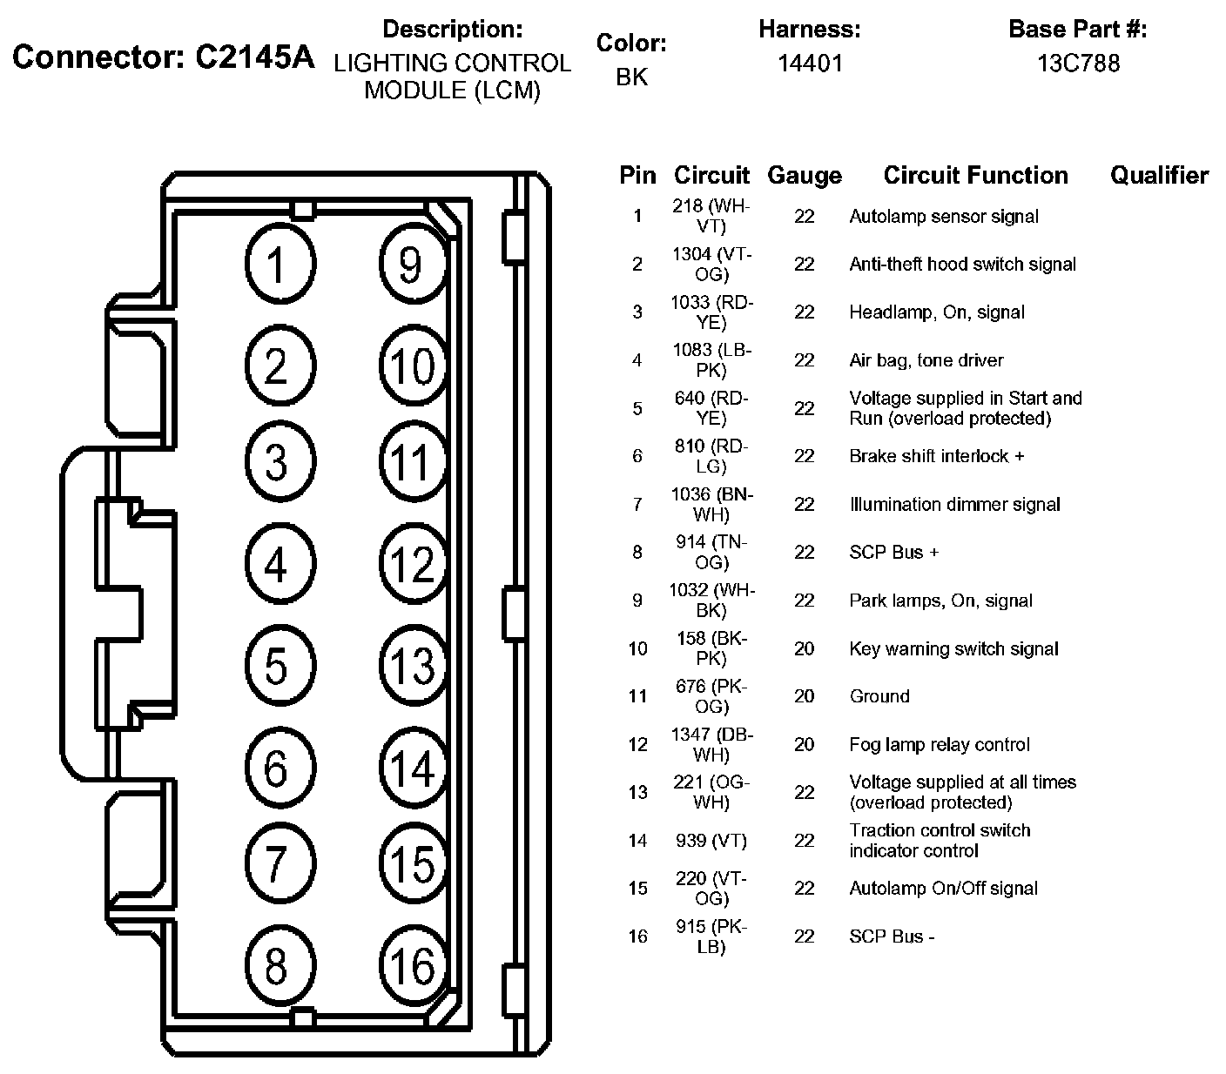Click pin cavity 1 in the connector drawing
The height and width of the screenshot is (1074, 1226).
pyautogui.click(x=276, y=264)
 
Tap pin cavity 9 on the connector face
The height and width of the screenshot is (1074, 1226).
pyautogui.click(x=411, y=264)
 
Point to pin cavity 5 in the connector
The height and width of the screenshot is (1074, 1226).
pyautogui.click(x=276, y=667)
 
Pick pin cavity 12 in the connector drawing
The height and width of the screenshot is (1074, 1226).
pyautogui.click(x=413, y=565)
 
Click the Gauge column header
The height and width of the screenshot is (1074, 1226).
pyautogui.click(x=804, y=176)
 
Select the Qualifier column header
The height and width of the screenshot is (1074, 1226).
pyautogui.click(x=1159, y=176)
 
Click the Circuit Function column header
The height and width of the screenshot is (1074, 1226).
pyautogui.click(x=975, y=176)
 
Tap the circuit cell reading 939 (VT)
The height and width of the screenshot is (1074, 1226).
pyautogui.click(x=711, y=841)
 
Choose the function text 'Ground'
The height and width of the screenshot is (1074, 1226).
pyautogui.click(x=879, y=696)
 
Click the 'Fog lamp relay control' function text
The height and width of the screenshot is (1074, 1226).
pyautogui.click(x=940, y=745)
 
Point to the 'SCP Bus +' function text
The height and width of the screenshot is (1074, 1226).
pyautogui.click(x=894, y=553)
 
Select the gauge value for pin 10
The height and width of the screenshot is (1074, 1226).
pyautogui.click(x=804, y=648)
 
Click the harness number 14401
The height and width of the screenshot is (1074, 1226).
pyautogui.click(x=810, y=64)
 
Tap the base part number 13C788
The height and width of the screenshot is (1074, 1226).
pyautogui.click(x=1078, y=64)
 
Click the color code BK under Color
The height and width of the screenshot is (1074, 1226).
pyautogui.click(x=631, y=77)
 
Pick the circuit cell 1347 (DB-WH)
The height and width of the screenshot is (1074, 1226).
pyautogui.click(x=711, y=745)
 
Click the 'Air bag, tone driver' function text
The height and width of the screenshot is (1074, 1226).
pyautogui.click(x=926, y=360)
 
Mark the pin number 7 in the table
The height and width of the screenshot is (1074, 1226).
pyautogui.click(x=637, y=505)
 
